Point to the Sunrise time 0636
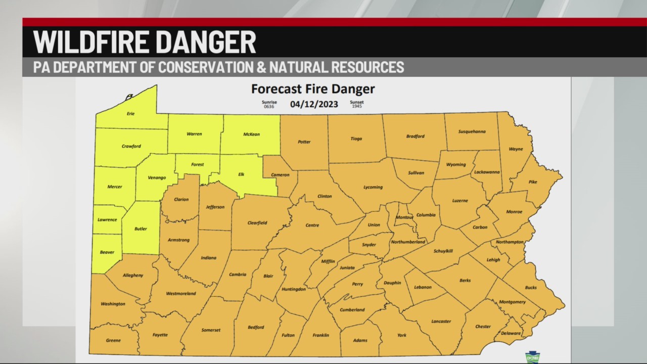(x=269, y=107)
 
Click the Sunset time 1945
(x=356, y=107)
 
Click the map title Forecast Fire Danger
(x=313, y=89)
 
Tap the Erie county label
(x=130, y=114)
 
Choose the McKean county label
(x=251, y=134)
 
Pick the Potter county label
(x=304, y=142)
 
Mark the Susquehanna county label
(x=472, y=131)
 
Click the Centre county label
(x=312, y=225)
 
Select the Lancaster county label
(x=441, y=321)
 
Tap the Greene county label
(x=113, y=340)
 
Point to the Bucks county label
(x=531, y=287)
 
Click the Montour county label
(x=404, y=217)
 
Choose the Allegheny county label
(x=132, y=276)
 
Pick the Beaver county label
(x=107, y=252)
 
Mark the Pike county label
(x=533, y=181)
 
